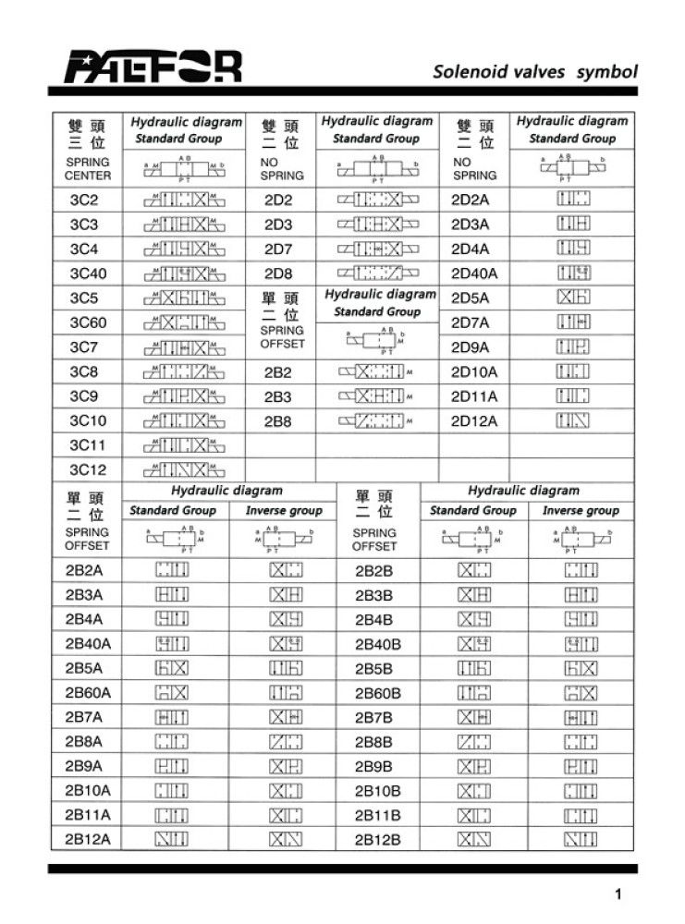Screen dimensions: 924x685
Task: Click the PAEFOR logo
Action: pos(153,66)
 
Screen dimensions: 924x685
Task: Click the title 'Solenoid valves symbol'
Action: pos(536,71)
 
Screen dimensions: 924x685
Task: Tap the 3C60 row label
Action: pos(89,322)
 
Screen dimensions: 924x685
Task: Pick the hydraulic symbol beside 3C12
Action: pos(183,469)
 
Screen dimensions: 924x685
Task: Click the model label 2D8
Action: pos(278,274)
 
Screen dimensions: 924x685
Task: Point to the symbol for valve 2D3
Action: pos(377,225)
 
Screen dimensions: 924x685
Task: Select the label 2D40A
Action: pos(474,274)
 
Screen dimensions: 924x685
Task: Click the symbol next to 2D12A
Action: pos(573,420)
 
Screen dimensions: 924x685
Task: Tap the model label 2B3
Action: pos(278,396)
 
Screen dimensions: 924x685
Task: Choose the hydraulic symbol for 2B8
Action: pos(377,420)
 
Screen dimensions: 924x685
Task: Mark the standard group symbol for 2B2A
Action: pos(173,570)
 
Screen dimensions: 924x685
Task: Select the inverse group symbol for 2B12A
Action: pos(285,839)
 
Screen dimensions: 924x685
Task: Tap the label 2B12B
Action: pos(378,839)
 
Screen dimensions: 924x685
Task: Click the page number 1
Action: pos(617,894)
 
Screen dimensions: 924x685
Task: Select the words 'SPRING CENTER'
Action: pos(88,169)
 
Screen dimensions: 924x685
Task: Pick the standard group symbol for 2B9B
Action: pos(474,766)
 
